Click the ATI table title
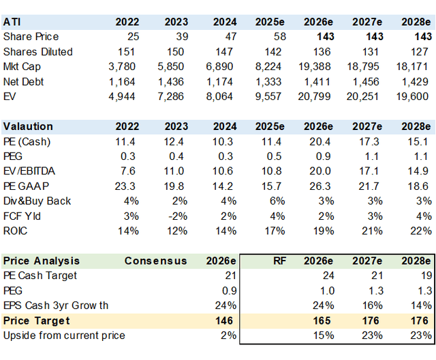pos(12,22)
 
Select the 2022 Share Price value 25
pos(133,37)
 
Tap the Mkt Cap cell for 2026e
pos(315,67)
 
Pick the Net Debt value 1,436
pos(171,82)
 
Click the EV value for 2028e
pos(412,97)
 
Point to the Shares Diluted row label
pos(38,52)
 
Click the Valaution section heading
pos(28,127)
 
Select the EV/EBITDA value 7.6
pos(128,171)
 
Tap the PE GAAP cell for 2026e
pos(320,186)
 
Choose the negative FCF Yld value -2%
pos(178,216)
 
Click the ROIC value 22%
pos(421,231)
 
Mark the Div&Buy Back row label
pos(37,201)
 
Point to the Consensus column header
pos(156,261)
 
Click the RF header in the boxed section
pos(279,261)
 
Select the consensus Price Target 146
pos(224,321)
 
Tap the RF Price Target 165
pos(322,321)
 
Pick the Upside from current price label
pos(64,336)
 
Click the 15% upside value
pos(324,336)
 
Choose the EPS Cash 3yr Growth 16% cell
pos(372,306)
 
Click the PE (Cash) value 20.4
pos(320,142)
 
